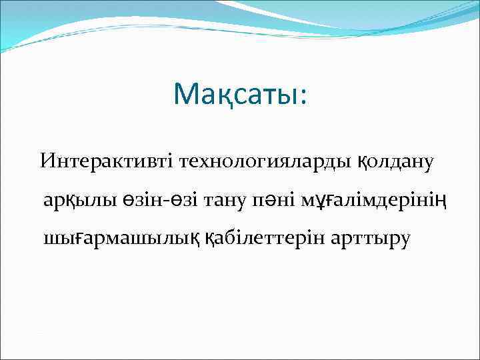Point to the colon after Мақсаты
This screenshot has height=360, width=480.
(304, 97)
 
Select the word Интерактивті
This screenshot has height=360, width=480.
(105, 161)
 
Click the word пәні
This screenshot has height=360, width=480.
(279, 199)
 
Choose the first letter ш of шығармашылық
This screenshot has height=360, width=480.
(52, 239)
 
